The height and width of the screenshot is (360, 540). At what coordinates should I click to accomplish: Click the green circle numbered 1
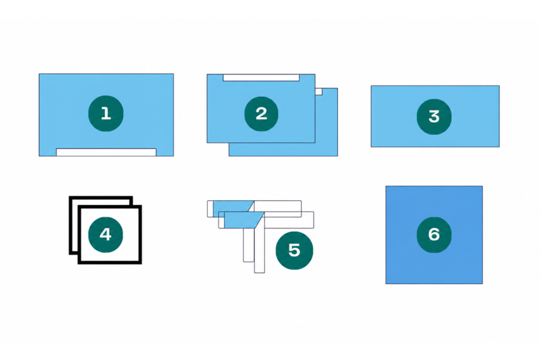click(105, 113)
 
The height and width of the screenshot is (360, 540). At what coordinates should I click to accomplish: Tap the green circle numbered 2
click(262, 114)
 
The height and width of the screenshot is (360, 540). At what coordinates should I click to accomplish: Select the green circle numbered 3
click(434, 116)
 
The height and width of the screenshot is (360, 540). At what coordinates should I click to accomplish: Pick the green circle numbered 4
click(105, 235)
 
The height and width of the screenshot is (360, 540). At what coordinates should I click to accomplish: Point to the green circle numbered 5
click(294, 250)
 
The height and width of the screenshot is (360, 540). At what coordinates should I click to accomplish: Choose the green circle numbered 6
click(434, 235)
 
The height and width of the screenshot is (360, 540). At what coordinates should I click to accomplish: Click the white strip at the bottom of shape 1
click(106, 152)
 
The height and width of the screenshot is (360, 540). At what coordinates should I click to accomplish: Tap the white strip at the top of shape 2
click(261, 77)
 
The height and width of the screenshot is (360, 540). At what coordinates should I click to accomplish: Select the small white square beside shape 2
click(319, 92)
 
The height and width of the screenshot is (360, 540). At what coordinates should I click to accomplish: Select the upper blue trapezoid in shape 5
click(233, 206)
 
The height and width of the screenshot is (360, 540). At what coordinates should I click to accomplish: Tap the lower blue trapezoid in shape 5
click(243, 220)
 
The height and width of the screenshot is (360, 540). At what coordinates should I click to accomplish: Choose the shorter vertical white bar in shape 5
click(249, 245)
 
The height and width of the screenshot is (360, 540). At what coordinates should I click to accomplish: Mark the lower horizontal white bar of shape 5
click(290, 220)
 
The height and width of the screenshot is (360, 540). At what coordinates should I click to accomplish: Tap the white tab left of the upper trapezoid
click(210, 209)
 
